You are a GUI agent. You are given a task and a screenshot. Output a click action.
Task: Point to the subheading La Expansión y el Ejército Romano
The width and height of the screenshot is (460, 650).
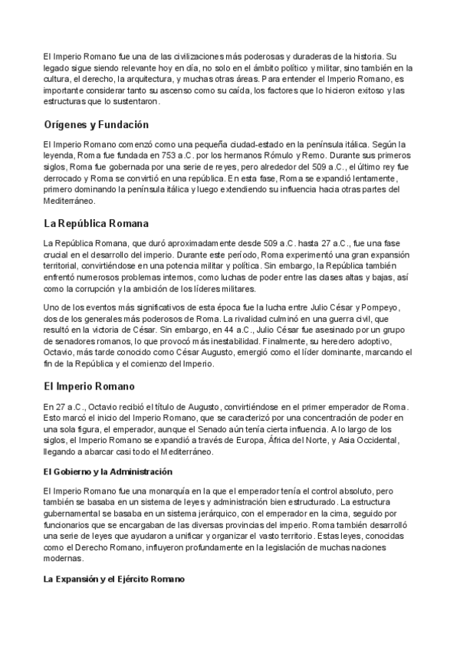point(113,579)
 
